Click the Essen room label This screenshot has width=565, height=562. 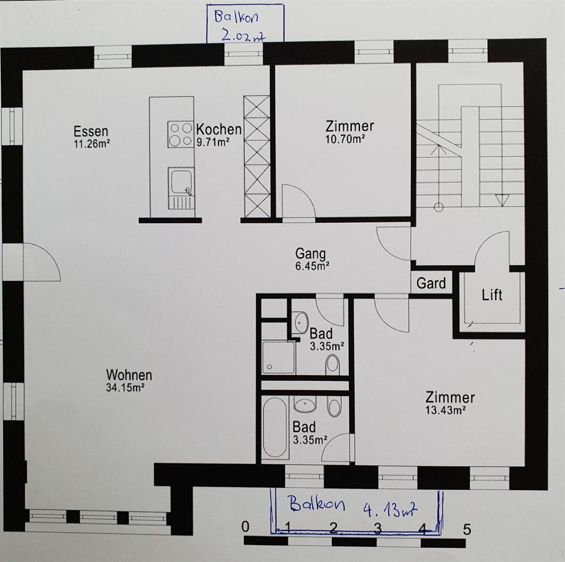pyautogui.click(x=91, y=131)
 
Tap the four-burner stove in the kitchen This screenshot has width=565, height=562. pyautogui.click(x=180, y=135)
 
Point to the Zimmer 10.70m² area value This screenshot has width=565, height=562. pyautogui.click(x=346, y=139)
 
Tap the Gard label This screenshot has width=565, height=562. pyautogui.click(x=431, y=283)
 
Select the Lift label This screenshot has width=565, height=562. pyautogui.click(x=492, y=295)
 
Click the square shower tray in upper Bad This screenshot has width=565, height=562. pyautogui.click(x=278, y=357)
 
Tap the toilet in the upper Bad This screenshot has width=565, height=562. pyautogui.click(x=332, y=365)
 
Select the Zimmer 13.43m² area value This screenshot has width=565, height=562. pyautogui.click(x=445, y=410)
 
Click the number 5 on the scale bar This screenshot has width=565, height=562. pyautogui.click(x=467, y=530)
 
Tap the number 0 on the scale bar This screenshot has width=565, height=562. pyautogui.click(x=245, y=527)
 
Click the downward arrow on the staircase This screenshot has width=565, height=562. pyautogui.click(x=502, y=200)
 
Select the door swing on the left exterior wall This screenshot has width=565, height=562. pyautogui.click(x=42, y=261)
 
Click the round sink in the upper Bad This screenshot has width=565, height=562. pyautogui.click(x=300, y=322)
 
